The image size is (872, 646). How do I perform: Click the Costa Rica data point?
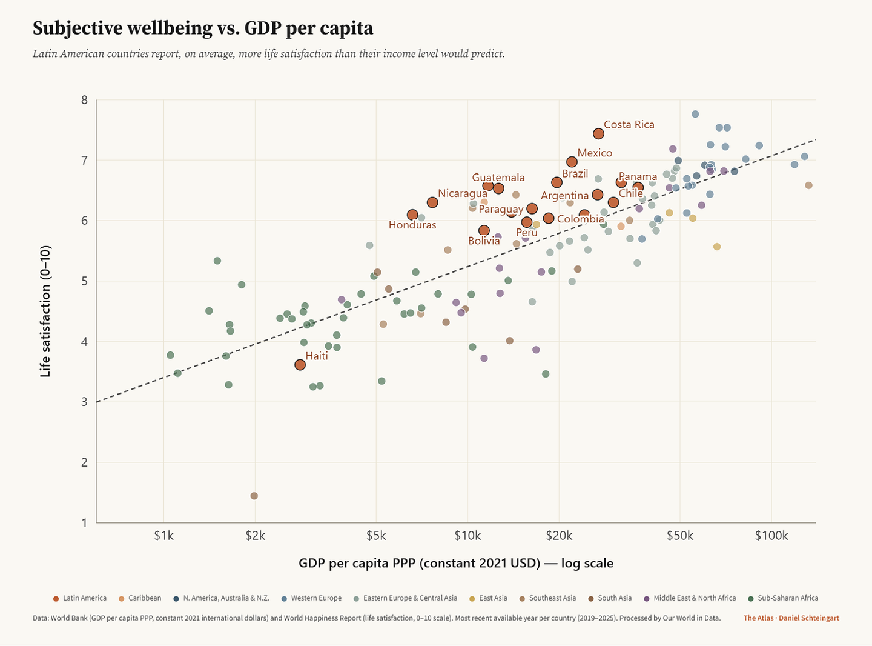(x=598, y=134)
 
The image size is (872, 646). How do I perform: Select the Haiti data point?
(x=300, y=365)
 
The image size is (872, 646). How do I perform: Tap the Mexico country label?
(x=595, y=153)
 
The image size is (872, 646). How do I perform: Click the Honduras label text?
(x=412, y=225)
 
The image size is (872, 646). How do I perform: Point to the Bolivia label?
(x=484, y=241)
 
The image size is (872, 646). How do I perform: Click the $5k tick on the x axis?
(x=376, y=536)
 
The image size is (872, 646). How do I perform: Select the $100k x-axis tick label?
(x=771, y=536)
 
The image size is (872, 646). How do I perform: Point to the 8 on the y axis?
(x=85, y=100)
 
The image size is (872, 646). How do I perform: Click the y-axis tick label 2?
(x=85, y=462)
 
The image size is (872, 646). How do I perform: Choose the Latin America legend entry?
(x=80, y=598)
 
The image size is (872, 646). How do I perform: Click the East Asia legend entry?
(x=490, y=598)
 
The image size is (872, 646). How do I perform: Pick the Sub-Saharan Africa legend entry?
(x=784, y=598)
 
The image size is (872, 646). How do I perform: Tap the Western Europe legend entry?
(x=312, y=598)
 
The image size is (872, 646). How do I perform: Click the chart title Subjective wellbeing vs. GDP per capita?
(x=203, y=28)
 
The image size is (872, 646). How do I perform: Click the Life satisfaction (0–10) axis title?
(x=45, y=311)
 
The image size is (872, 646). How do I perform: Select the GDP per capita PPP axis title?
(x=455, y=564)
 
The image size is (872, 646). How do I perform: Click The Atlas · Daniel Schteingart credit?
(x=791, y=618)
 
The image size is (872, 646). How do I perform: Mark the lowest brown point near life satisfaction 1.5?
(x=254, y=496)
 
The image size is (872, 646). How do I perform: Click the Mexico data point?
(x=572, y=162)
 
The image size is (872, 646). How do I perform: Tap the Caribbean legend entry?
(x=140, y=598)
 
